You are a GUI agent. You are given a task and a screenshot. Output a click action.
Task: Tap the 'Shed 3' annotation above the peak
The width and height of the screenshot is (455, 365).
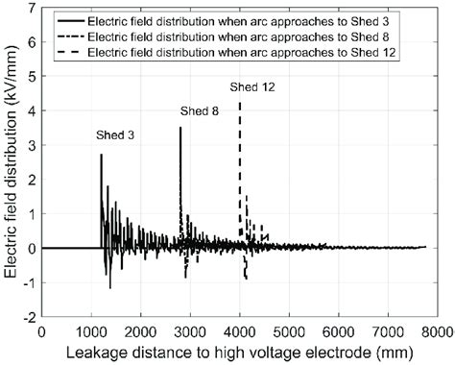tap(115, 134)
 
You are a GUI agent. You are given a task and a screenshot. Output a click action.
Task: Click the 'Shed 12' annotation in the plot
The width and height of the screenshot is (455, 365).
tap(252, 87)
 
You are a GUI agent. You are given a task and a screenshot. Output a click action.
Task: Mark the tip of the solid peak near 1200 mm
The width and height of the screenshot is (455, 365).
tap(101, 155)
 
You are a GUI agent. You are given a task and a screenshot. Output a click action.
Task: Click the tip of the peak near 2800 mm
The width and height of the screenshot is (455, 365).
tap(180, 128)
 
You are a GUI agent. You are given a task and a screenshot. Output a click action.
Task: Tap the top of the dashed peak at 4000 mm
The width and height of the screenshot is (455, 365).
tap(240, 102)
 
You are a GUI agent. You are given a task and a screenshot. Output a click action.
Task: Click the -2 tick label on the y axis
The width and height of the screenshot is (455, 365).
tap(29, 316)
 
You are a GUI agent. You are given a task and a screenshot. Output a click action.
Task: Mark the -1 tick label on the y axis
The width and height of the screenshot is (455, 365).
tap(29, 282)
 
